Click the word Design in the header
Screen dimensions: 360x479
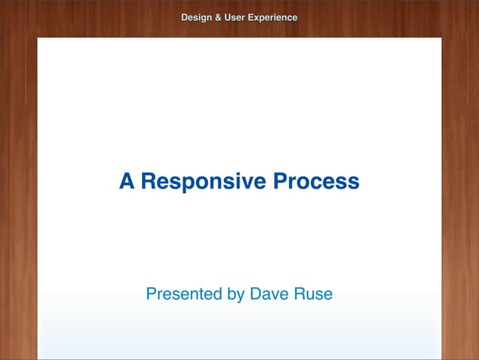click(x=196, y=17)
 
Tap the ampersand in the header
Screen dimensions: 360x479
click(x=218, y=17)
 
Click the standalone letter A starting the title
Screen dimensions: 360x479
click(x=127, y=181)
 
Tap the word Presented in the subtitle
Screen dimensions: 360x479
click(x=184, y=294)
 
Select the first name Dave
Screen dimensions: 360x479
click(x=269, y=294)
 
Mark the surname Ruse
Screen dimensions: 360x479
click(x=313, y=294)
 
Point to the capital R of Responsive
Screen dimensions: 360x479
click(x=149, y=181)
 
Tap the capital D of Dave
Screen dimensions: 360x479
click(x=255, y=294)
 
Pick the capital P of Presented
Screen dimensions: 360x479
click(x=151, y=294)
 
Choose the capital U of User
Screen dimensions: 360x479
click(x=228, y=17)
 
